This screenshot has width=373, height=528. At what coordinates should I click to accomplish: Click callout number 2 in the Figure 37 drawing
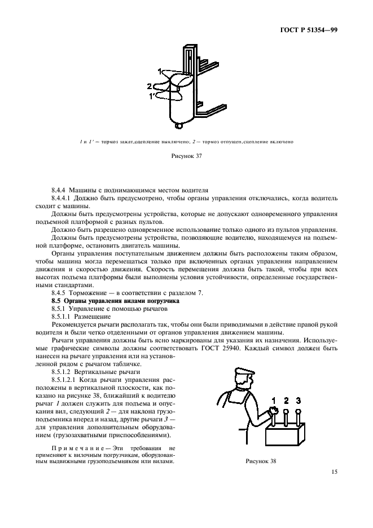[150, 86]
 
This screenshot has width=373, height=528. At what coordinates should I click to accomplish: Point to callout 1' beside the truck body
[152, 96]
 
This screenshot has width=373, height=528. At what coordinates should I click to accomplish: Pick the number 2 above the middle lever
[286, 401]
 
